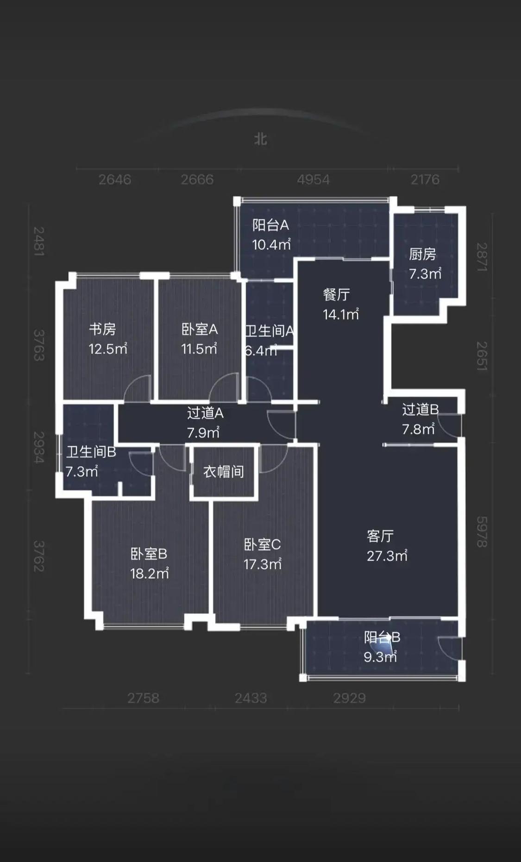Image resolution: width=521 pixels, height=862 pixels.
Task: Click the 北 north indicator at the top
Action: click(261, 139)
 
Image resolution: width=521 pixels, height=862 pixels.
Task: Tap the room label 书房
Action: click(102, 329)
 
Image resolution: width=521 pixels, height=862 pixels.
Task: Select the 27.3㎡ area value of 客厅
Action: click(387, 556)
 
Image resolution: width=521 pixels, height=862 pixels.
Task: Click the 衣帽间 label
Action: click(224, 472)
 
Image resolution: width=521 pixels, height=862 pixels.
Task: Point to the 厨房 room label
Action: click(422, 254)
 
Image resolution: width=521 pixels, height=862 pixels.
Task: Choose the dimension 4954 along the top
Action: click(314, 180)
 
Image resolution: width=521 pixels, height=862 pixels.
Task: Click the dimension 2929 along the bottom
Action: click(350, 698)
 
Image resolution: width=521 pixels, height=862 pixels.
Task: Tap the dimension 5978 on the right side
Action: click(482, 532)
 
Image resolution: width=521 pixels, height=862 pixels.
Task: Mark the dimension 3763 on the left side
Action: click(39, 345)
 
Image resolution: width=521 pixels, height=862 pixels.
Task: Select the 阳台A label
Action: click(270, 225)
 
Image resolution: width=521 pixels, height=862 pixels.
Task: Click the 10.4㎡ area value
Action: click(271, 244)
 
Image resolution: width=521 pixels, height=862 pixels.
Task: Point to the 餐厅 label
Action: click(336, 294)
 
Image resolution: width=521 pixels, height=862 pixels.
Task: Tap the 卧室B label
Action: click(149, 554)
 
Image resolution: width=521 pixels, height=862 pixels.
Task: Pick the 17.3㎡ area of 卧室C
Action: click(263, 564)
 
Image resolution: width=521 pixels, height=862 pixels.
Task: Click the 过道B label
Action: click(420, 409)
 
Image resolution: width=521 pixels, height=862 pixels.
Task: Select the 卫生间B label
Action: click(91, 452)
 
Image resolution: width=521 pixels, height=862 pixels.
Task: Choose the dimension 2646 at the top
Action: click(115, 180)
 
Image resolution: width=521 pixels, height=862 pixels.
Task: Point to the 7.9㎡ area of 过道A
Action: click(203, 432)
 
